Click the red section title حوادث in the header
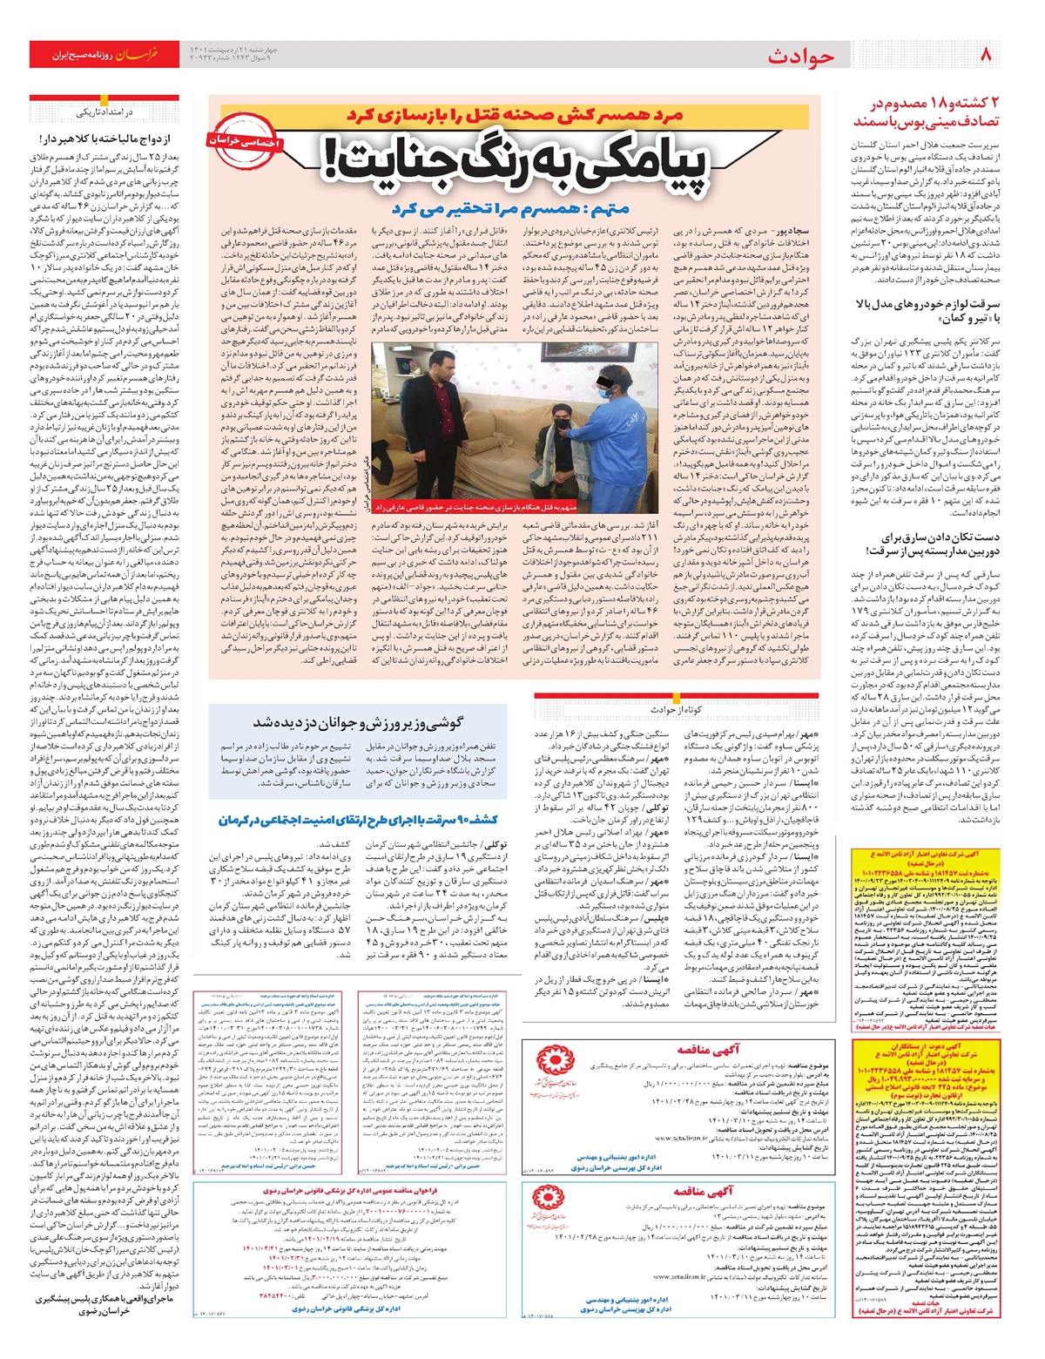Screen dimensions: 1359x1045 (x=800, y=57)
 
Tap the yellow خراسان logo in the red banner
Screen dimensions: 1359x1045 (x=138, y=55)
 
